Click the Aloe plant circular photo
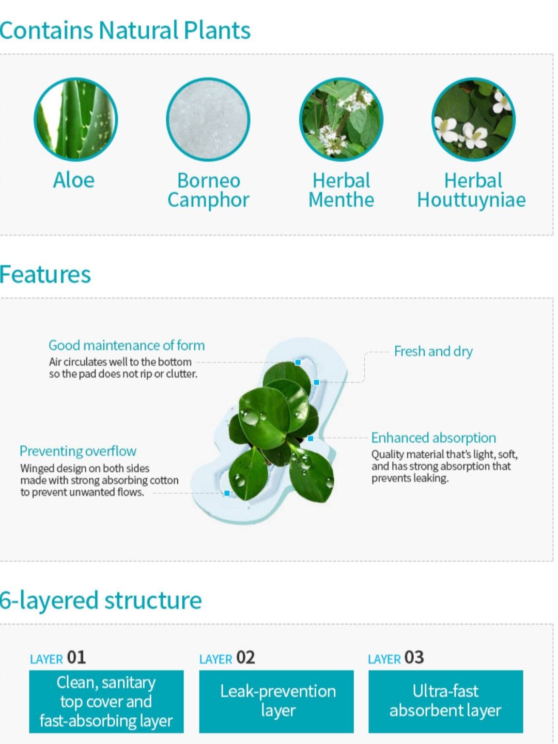click(x=75, y=119)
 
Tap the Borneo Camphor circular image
click(x=208, y=119)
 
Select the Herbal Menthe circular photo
click(x=341, y=119)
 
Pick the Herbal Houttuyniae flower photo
click(x=474, y=119)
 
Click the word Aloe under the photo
click(x=74, y=180)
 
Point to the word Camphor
click(x=208, y=200)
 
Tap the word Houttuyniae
click(x=471, y=200)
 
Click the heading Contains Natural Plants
click(x=125, y=30)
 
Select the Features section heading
click(x=45, y=274)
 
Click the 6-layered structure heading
click(x=101, y=600)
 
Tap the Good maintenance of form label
click(x=127, y=346)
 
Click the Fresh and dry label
click(x=433, y=351)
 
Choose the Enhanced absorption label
click(x=433, y=438)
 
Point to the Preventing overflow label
click(x=78, y=451)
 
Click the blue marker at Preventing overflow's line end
click(x=227, y=493)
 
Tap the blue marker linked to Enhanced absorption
click(x=311, y=438)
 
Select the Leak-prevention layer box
click(x=276, y=701)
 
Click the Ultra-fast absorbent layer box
click(x=446, y=701)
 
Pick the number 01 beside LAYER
click(x=76, y=658)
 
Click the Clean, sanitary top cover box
click(x=106, y=701)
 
